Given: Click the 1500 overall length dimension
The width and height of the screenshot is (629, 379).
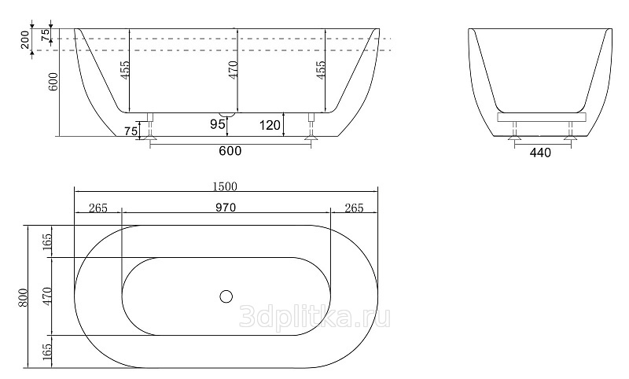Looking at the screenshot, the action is point(225,186).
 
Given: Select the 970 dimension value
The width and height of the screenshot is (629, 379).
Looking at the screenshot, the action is point(226,208).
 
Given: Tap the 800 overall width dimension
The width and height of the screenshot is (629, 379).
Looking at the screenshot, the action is point(24,297).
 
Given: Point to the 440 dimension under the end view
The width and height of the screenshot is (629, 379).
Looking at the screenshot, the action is point(540,153).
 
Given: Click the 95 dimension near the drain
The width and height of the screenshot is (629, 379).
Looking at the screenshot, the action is point(218,124).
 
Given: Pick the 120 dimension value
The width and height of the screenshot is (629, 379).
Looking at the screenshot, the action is point(270,126).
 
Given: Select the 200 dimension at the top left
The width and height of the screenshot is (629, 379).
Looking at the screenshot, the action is point(25,39).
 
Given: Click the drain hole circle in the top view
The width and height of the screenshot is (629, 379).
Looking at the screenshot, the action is point(226,296).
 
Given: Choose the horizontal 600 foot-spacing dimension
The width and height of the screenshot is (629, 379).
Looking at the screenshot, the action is point(230,151).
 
